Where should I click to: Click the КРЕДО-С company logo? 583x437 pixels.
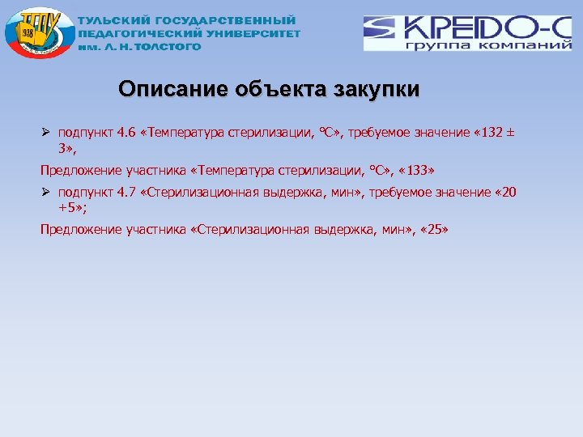[x=467, y=33]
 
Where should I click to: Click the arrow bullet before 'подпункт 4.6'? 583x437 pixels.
[x=45, y=133]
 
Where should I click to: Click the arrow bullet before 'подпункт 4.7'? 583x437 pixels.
[x=45, y=193]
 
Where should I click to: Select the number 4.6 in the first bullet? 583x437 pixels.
[x=121, y=134]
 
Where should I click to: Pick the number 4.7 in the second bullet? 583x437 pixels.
[x=121, y=193]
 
